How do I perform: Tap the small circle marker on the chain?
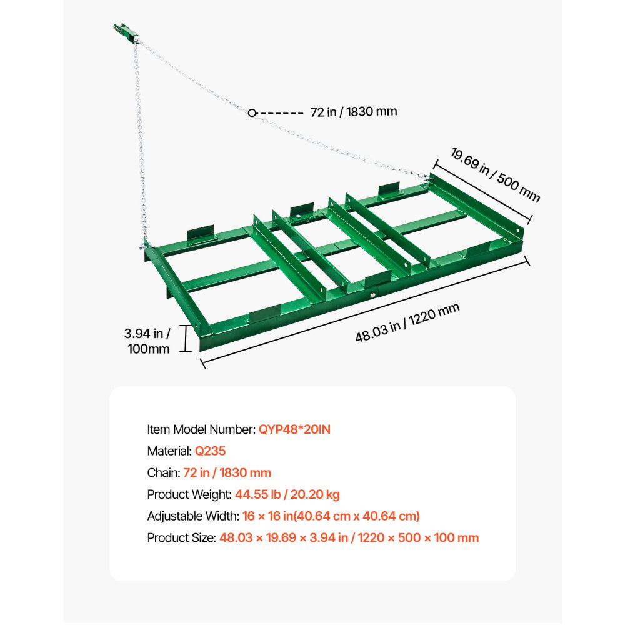coord(251,113)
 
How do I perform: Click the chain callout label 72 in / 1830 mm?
coord(353,112)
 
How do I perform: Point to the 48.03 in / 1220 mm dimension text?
coord(407,322)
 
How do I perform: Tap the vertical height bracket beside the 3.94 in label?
coord(186,338)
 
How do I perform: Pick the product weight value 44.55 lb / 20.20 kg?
coord(287,494)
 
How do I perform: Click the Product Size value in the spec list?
coord(349,537)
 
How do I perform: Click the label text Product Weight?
coord(189,494)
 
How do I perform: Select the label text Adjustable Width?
coord(192,516)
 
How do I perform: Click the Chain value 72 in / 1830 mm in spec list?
coord(227,473)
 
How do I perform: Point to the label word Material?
coord(169,451)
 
